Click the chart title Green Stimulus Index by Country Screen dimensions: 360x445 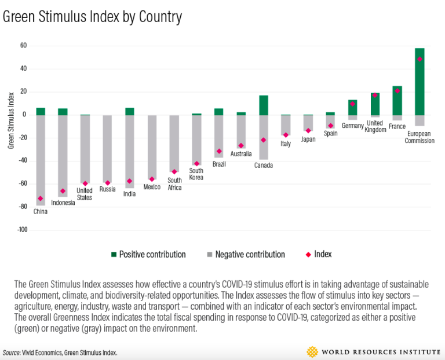[x=93, y=17]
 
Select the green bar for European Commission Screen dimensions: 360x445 [x=420, y=81]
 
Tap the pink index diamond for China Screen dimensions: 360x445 [x=41, y=199]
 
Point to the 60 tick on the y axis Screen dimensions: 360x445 [x=23, y=46]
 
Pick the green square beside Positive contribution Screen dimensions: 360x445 [x=114, y=254]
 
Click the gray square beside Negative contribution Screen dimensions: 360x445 [x=209, y=254]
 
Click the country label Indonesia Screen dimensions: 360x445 [x=63, y=203]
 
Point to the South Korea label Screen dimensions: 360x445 [x=196, y=174]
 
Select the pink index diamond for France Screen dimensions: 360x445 [x=397, y=91]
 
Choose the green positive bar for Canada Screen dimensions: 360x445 [x=264, y=105]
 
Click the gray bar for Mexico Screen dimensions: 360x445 [x=152, y=147]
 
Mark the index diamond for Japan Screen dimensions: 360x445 [x=308, y=130]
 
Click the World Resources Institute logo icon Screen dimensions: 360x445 [x=313, y=351]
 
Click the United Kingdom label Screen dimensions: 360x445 [x=375, y=126]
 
